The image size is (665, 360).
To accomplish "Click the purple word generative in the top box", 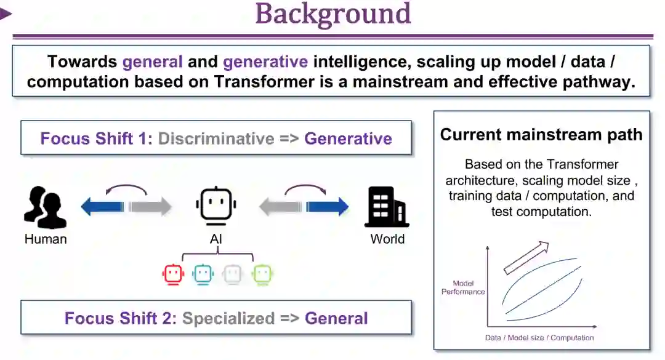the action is pyautogui.click(x=265, y=62).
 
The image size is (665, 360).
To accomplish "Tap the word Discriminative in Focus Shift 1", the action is pyautogui.click(x=216, y=138).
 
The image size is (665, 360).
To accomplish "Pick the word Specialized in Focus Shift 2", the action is pyautogui.click(x=228, y=318).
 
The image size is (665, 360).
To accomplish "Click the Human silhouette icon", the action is pyautogui.click(x=45, y=208).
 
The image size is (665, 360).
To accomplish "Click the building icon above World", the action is pyautogui.click(x=387, y=207).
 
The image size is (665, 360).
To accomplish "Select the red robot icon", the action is pyautogui.click(x=174, y=274).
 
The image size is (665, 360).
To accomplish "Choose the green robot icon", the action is pyautogui.click(x=262, y=274).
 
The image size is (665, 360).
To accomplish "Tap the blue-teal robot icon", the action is pyautogui.click(x=203, y=274).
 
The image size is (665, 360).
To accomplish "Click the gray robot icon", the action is pyautogui.click(x=232, y=274).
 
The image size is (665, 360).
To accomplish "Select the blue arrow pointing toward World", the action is pyautogui.click(x=328, y=207).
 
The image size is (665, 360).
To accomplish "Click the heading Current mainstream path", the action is pyautogui.click(x=541, y=135).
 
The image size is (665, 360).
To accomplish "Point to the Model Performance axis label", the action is pyautogui.click(x=463, y=287).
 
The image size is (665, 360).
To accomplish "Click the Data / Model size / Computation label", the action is pyautogui.click(x=539, y=337).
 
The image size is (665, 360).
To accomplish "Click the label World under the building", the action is pyautogui.click(x=387, y=239).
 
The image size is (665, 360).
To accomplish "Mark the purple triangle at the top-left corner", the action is pyautogui.click(x=6, y=14).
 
